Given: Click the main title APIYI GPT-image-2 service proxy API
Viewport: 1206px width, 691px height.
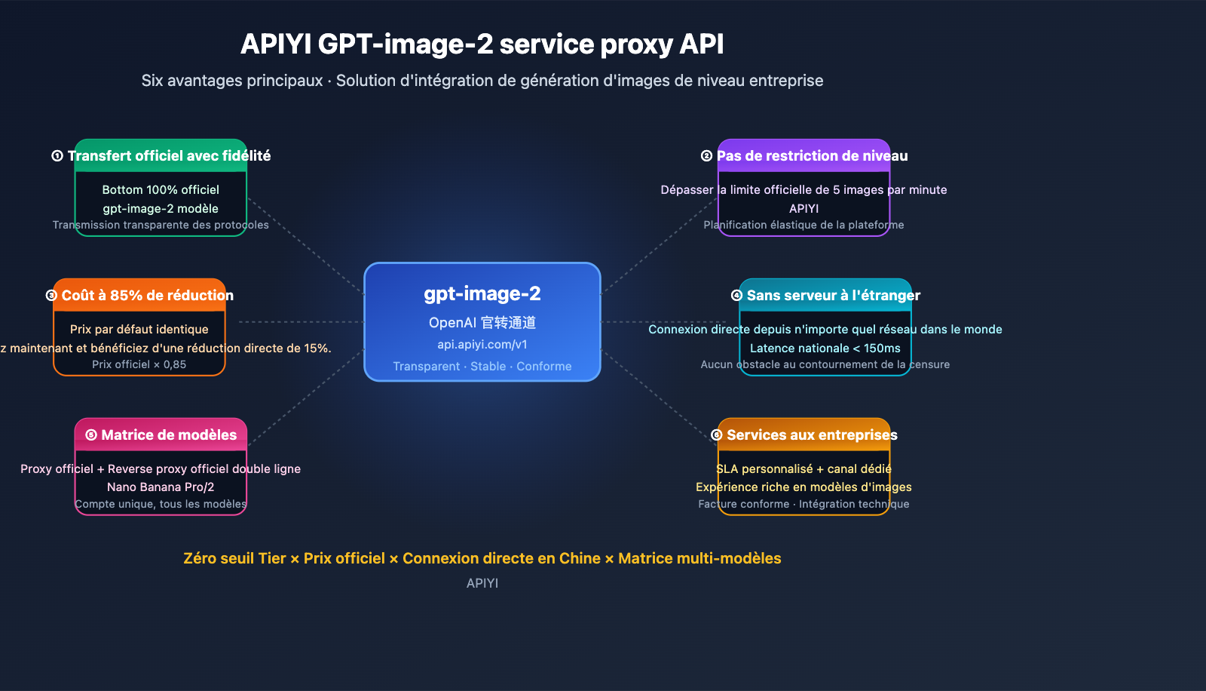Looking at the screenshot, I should (482, 45).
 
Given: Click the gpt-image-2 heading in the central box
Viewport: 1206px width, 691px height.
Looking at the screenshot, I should (482, 293).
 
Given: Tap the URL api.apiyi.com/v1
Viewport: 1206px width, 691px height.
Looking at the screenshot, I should (482, 345).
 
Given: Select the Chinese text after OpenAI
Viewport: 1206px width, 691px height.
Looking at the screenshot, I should (508, 323).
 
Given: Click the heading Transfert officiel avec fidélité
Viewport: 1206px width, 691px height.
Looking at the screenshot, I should (169, 156).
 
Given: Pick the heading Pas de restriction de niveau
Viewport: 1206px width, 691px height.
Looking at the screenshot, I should (812, 156).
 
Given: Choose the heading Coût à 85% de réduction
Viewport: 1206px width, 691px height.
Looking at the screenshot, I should (147, 296).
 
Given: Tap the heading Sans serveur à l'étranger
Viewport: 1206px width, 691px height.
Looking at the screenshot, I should (833, 296).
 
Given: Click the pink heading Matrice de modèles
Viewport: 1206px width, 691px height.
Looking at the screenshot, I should (169, 435).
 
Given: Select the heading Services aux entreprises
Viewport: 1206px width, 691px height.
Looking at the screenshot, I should (812, 435).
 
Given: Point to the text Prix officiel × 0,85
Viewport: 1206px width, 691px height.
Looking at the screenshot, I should (139, 364).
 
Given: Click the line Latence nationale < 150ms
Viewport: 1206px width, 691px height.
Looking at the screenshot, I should (825, 349).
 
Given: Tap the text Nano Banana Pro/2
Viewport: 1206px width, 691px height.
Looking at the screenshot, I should (161, 487).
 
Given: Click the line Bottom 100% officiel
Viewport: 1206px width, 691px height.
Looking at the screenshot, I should (161, 190).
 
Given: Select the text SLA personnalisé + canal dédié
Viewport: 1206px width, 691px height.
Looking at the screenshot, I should (803, 469).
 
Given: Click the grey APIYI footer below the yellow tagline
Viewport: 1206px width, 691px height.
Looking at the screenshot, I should (482, 583).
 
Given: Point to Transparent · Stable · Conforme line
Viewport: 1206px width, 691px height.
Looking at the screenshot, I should (482, 367).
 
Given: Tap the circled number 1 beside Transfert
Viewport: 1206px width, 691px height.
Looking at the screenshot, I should (57, 156).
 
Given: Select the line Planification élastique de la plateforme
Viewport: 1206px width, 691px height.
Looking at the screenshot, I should (803, 225).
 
